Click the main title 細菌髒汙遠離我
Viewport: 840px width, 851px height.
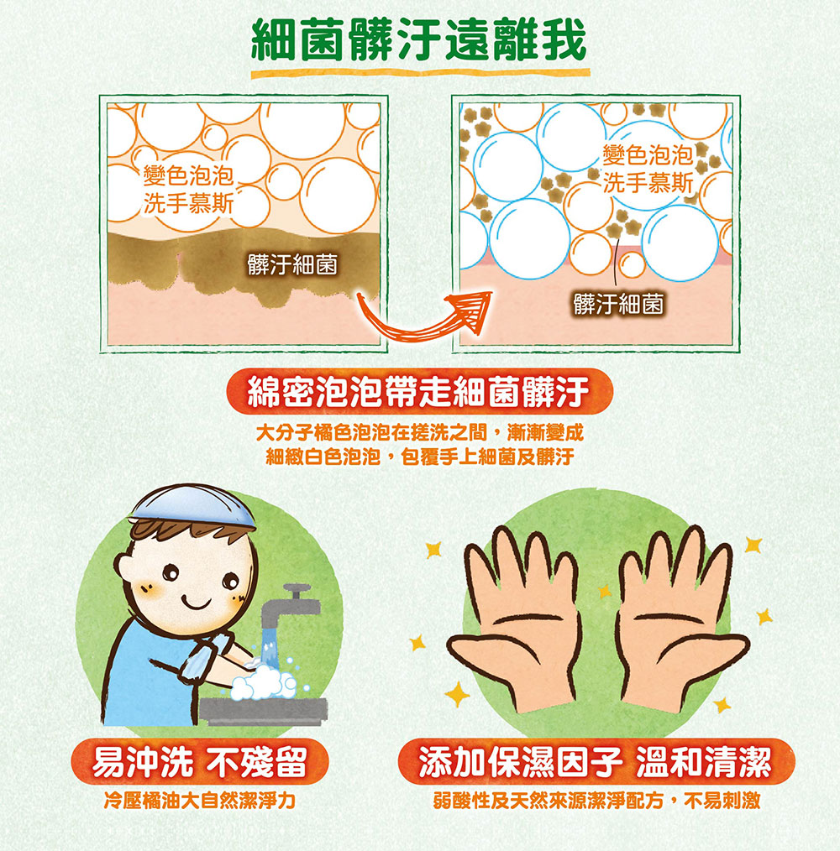[419, 39]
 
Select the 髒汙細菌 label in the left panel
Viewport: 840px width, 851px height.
[292, 265]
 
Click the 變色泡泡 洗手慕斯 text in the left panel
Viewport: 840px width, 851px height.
[188, 190]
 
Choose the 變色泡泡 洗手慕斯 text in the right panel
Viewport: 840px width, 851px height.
[648, 170]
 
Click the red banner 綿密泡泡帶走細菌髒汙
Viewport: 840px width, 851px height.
[419, 391]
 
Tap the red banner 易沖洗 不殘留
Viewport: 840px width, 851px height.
[200, 761]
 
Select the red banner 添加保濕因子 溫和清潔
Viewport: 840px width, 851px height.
[596, 761]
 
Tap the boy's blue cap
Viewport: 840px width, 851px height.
[193, 504]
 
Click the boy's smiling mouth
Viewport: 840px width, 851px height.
[196, 603]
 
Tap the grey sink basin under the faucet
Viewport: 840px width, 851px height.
[264, 711]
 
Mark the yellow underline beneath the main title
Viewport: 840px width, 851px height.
[420, 73]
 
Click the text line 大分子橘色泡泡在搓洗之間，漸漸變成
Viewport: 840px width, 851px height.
[419, 432]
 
